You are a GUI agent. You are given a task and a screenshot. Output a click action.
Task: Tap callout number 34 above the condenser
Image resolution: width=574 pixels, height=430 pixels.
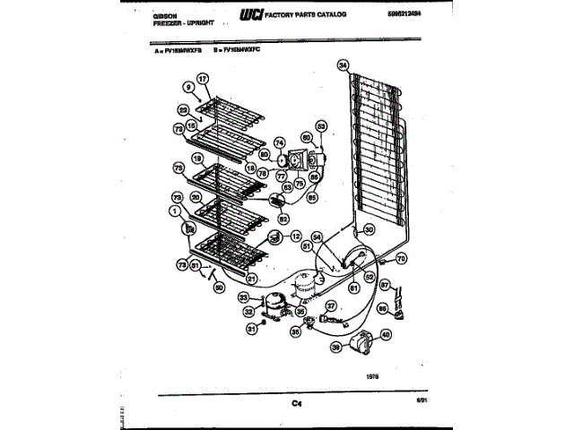click(x=342, y=64)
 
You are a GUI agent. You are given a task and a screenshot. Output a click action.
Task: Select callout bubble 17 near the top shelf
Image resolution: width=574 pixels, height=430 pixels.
click(x=203, y=79)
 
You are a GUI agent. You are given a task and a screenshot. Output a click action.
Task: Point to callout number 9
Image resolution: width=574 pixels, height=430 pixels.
click(x=188, y=88)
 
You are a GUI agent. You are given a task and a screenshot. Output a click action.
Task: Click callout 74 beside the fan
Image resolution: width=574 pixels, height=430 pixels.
click(x=279, y=142)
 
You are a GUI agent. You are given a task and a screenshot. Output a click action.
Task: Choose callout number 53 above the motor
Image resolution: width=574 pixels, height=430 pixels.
click(x=321, y=126)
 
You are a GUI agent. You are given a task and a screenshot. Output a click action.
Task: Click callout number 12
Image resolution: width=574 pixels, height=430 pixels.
click(x=296, y=236)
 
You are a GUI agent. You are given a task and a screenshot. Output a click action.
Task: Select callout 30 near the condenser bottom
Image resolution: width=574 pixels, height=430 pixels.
click(x=370, y=229)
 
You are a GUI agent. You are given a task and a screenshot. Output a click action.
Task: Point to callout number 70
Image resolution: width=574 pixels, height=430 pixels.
click(x=401, y=258)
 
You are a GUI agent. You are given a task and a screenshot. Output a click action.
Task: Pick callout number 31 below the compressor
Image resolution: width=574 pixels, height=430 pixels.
click(x=252, y=328)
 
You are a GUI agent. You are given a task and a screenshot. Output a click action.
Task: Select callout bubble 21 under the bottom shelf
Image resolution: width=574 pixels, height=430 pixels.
click(x=252, y=279)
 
